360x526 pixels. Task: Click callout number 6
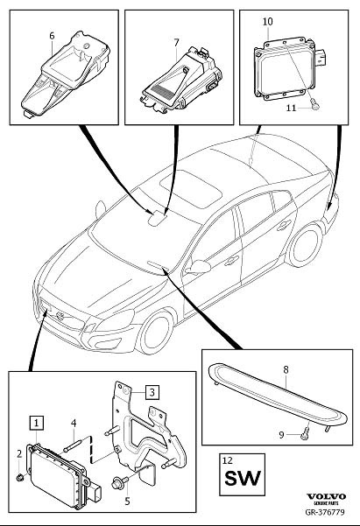52,36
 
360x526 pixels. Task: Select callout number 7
175,41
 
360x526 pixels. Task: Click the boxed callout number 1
36,422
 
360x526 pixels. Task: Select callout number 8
285,370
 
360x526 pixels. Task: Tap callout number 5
127,501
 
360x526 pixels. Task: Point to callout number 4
74,423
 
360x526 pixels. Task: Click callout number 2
19,452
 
